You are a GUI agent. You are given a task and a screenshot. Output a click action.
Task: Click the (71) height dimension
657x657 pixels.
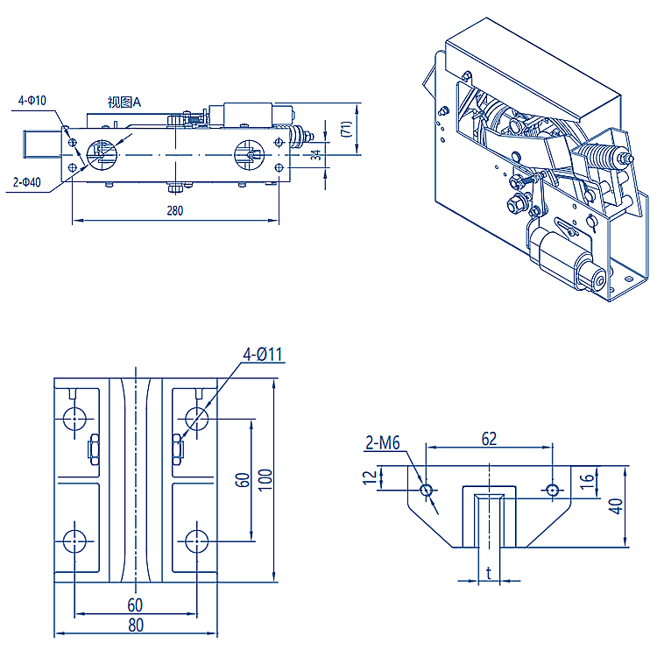[x=347, y=129]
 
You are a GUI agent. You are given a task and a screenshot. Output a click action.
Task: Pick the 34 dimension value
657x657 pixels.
[x=316, y=155]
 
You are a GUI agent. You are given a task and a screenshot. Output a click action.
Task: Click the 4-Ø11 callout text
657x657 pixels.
[x=264, y=355]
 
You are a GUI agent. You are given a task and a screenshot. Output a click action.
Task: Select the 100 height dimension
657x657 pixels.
[x=266, y=477]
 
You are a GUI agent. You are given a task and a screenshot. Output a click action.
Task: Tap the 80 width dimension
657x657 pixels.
[x=135, y=625]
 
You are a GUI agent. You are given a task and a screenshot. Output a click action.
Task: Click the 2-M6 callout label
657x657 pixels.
[x=382, y=444]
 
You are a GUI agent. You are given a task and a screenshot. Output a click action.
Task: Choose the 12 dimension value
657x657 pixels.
[x=371, y=477]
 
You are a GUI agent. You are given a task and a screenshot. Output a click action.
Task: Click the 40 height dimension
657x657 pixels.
[x=617, y=506]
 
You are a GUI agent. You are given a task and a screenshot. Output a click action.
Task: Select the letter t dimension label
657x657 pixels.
[x=488, y=574]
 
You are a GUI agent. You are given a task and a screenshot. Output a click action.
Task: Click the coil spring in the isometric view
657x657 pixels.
[x=597, y=158]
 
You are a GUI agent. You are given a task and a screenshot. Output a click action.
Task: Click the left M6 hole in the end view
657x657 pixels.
[x=427, y=489]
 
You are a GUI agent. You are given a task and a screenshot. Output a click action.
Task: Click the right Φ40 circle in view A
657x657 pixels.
[x=248, y=155]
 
